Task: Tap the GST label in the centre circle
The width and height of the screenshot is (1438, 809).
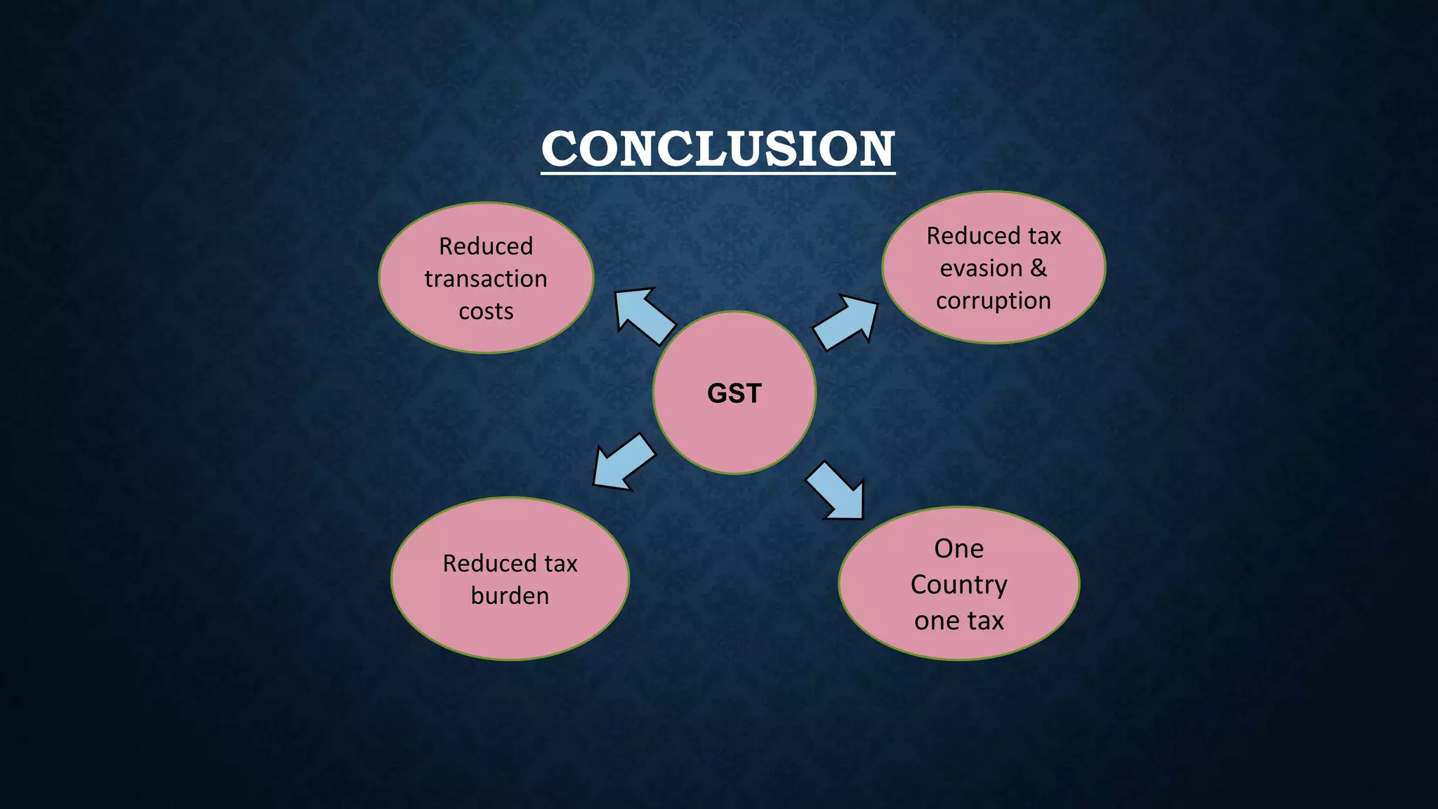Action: pyautogui.click(x=734, y=393)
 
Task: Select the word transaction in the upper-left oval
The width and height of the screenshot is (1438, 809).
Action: pyautogui.click(x=486, y=279)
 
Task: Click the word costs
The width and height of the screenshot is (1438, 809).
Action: pyautogui.click(x=486, y=311)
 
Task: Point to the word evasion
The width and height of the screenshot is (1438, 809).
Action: pyautogui.click(x=981, y=268)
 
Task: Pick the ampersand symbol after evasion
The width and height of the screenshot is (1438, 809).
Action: pyautogui.click(x=1038, y=268)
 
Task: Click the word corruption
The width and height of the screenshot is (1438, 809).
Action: pyautogui.click(x=993, y=301)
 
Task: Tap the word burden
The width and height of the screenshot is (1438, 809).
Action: pyautogui.click(x=510, y=596)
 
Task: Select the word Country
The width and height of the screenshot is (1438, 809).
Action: pyautogui.click(x=958, y=585)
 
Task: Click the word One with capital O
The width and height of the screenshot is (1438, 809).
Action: pyautogui.click(x=958, y=548)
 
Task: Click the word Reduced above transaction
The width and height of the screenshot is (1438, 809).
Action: pyautogui.click(x=486, y=246)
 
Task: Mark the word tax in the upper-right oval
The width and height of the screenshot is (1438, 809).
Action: pyautogui.click(x=1045, y=236)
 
